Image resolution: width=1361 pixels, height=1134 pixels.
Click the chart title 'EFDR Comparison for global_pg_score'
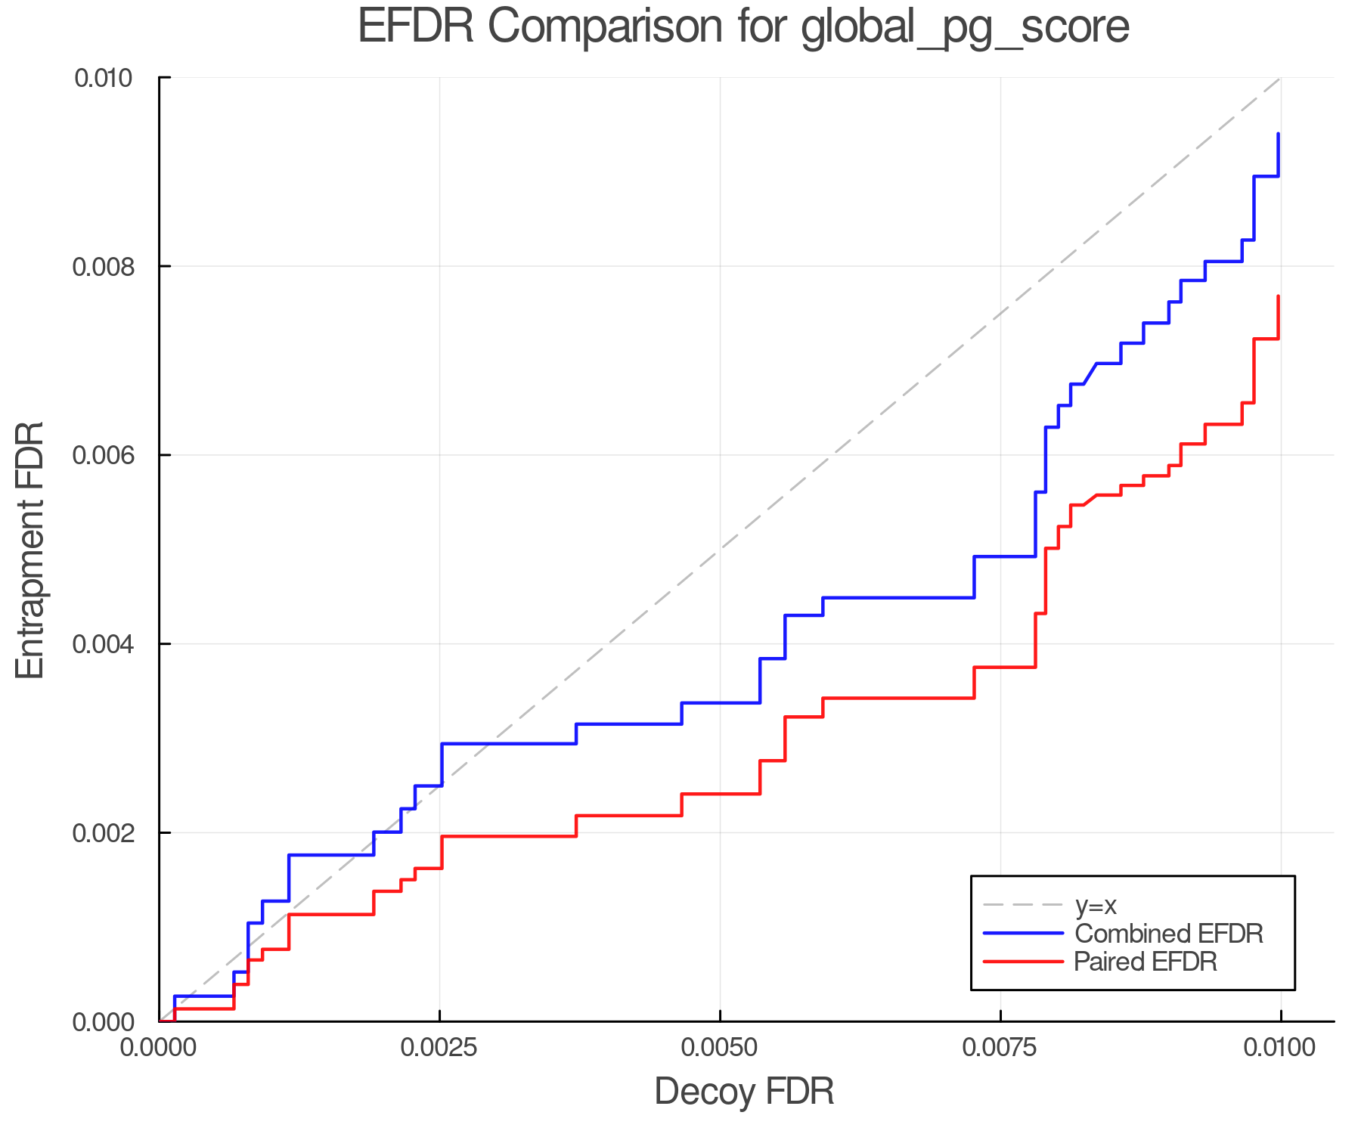743,27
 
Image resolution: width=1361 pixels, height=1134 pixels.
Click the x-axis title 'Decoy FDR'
743,1091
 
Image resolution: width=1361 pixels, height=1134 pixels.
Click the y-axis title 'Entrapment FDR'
30,550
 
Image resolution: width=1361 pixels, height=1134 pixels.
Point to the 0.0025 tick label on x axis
439,1048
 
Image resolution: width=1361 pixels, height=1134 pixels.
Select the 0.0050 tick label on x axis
720,1048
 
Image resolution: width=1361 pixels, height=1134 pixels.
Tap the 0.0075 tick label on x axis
1000,1048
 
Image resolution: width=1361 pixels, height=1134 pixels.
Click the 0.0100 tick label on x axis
1279,1048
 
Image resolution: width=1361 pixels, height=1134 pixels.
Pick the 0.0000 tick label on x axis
159,1048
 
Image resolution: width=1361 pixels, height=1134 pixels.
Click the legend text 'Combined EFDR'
1168,934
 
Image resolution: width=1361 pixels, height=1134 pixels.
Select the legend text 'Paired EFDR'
1145,962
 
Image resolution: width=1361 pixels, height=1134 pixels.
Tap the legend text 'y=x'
1096,905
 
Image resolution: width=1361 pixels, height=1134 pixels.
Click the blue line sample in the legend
1023,934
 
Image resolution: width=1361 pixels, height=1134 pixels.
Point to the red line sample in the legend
1023,962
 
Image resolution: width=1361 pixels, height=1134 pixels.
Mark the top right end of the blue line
1278,134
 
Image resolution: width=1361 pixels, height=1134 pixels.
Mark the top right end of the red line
1278,296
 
